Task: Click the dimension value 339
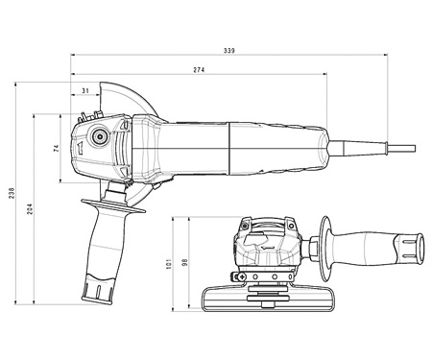coord(229,51)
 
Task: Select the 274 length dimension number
coord(199,70)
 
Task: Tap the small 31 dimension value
coord(85,91)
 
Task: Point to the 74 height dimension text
coord(57,148)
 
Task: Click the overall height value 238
coord(12,193)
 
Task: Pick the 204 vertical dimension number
coord(30,209)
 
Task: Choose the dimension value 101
coord(169,264)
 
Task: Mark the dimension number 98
coord(184,262)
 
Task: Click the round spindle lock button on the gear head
coord(99,137)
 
